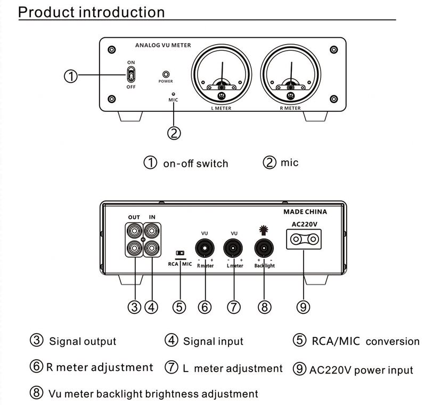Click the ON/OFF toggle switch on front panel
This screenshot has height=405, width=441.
point(131,74)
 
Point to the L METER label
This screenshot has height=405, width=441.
point(221,108)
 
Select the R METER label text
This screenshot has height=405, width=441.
point(290,108)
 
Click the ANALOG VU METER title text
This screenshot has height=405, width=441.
point(163,46)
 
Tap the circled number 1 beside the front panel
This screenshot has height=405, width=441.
point(71,76)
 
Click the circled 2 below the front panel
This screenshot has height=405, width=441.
point(174,133)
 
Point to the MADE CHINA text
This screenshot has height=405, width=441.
point(305,212)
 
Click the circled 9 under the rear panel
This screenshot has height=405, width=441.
point(304,306)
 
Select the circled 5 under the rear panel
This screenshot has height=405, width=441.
point(179,307)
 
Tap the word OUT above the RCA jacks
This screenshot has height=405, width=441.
point(134,217)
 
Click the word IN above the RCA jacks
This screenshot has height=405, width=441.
point(152,217)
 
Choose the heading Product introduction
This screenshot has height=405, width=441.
point(92,12)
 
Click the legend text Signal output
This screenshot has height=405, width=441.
point(83,341)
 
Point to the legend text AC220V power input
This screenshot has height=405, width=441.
point(361,369)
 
